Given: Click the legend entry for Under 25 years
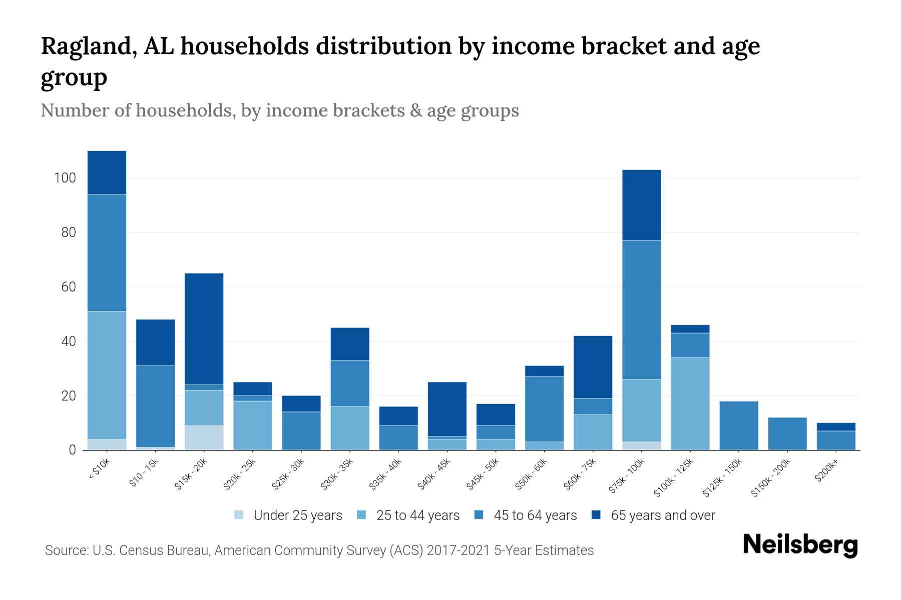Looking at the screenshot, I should click(x=297, y=515).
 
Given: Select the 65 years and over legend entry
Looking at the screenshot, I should click(x=662, y=515).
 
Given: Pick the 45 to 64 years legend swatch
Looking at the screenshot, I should click(x=479, y=515).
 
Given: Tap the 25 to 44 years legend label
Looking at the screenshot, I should click(x=417, y=515).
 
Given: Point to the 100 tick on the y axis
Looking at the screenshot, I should click(x=65, y=178).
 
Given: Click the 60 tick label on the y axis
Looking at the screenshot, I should click(x=68, y=287).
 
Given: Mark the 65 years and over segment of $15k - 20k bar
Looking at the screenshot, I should click(x=204, y=328).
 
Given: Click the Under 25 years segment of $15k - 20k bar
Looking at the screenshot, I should click(x=204, y=437).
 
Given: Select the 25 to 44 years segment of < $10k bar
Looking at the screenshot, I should click(x=107, y=375).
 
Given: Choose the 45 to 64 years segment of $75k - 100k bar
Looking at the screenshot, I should click(x=641, y=310).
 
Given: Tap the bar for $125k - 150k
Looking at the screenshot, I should click(x=739, y=425).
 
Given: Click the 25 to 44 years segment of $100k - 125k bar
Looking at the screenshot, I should click(x=690, y=403).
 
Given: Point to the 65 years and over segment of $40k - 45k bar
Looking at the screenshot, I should click(x=447, y=409).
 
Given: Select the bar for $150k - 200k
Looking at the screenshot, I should click(x=787, y=433).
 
